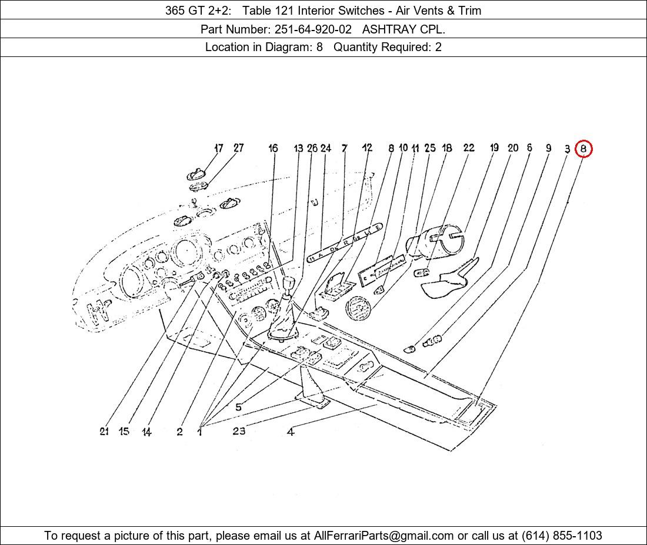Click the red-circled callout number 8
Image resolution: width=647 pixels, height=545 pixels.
tap(583, 149)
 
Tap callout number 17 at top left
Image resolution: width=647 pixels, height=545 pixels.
tap(218, 148)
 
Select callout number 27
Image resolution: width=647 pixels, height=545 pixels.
tap(238, 148)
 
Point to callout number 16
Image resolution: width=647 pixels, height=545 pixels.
tap(273, 148)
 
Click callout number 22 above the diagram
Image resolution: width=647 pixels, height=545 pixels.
tap(468, 148)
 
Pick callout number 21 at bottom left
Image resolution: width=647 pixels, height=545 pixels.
tap(104, 432)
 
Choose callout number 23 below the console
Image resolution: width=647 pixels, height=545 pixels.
tap(238, 431)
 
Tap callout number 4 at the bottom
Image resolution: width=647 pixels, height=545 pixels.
tap(291, 432)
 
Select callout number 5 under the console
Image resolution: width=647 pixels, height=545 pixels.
tap(238, 408)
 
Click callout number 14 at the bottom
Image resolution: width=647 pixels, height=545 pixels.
tap(146, 432)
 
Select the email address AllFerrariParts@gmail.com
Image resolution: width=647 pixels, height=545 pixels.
tap(383, 536)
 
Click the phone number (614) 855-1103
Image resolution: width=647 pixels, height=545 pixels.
tap(562, 536)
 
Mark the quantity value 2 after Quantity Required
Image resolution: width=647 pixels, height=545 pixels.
tap(438, 48)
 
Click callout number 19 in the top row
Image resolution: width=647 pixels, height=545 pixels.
tap(494, 148)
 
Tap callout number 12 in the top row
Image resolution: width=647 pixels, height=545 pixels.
tap(367, 148)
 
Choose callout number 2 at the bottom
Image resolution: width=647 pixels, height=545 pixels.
tap(179, 432)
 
